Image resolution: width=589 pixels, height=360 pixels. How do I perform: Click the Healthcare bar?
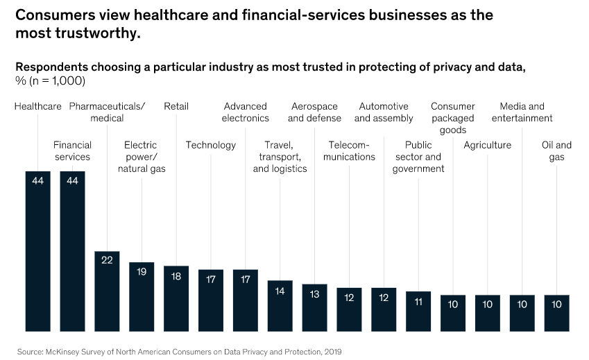[38, 250]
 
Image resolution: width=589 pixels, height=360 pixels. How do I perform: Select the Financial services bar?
[73, 250]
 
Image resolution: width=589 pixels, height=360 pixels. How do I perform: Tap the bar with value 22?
[107, 291]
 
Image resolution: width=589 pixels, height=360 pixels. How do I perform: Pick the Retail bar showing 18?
[176, 298]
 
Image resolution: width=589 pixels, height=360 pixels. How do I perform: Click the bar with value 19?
[142, 296]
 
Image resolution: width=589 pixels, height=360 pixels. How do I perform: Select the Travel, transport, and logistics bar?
[280, 305]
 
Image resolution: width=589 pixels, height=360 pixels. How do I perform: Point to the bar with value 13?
[315, 307]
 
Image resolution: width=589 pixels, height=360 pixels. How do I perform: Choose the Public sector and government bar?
[418, 311]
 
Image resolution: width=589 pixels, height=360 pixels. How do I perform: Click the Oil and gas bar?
[557, 312]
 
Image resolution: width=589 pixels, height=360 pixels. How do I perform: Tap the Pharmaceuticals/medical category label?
[107, 112]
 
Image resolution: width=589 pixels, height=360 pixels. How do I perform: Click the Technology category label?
[211, 145]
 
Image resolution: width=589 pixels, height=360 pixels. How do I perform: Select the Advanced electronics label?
[246, 112]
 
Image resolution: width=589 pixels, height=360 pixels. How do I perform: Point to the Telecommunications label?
[349, 151]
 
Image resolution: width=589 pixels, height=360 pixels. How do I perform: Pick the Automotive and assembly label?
[384, 112]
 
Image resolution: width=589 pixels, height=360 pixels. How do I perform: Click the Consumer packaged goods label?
[453, 118]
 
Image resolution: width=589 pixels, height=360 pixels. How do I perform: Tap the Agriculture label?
[487, 145]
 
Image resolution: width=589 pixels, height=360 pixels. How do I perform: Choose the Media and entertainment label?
[522, 112]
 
